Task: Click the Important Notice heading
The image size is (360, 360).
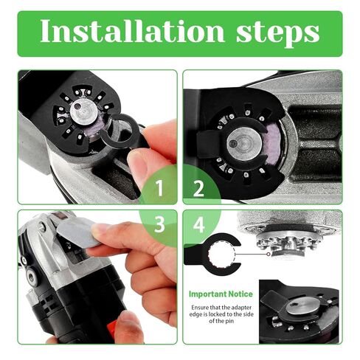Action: tap(219, 292)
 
